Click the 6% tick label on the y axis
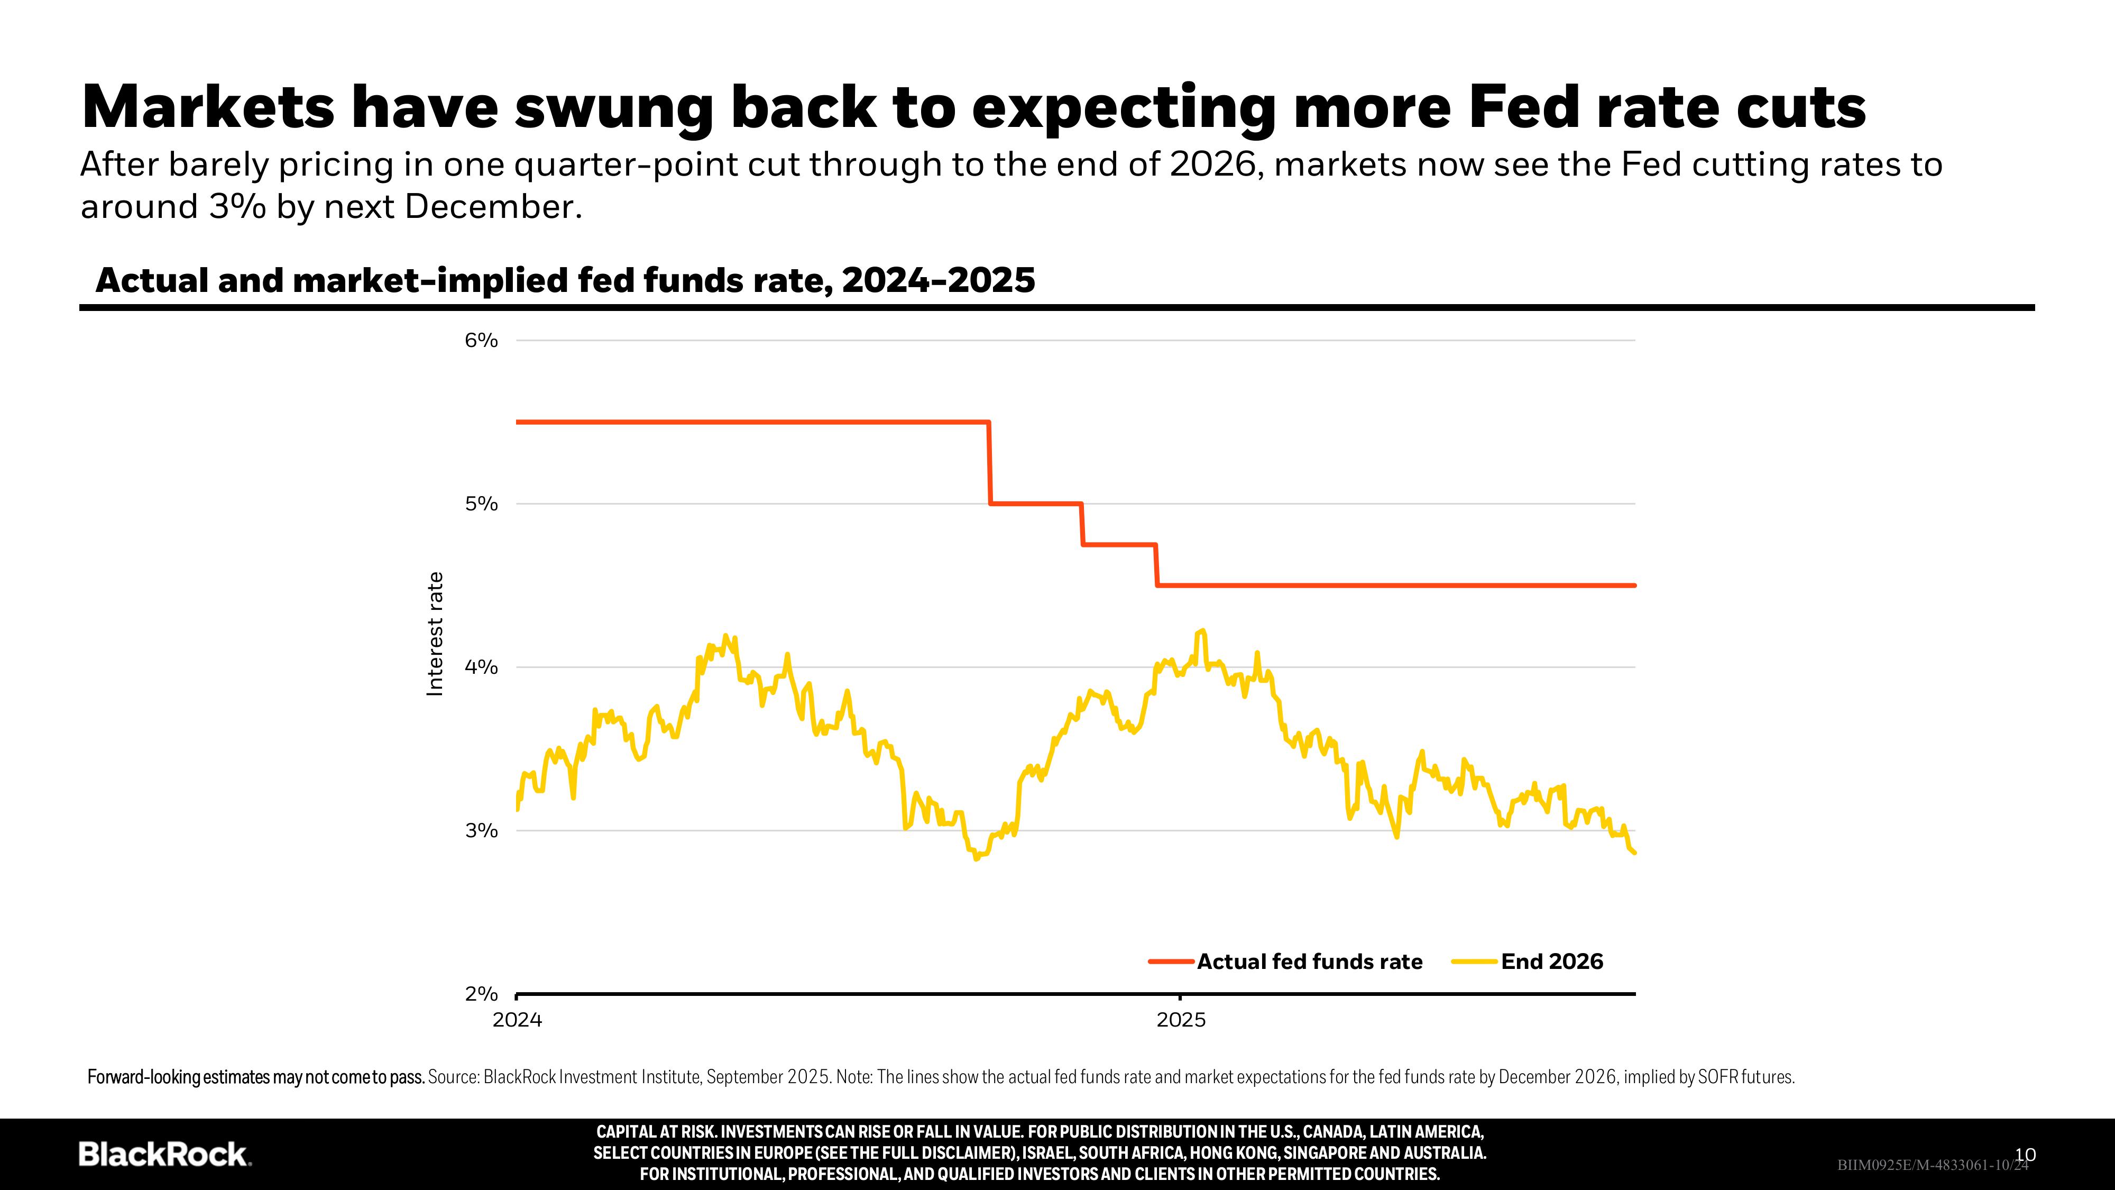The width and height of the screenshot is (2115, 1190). click(x=481, y=340)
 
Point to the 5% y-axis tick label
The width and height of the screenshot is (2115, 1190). click(x=481, y=504)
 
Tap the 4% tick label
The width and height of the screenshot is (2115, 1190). click(x=481, y=667)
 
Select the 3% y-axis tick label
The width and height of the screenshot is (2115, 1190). click(x=481, y=830)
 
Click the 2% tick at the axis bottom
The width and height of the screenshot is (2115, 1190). click(x=481, y=994)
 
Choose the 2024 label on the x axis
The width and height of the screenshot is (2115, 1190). click(x=517, y=1020)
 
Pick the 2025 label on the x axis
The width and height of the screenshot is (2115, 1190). click(x=1181, y=1020)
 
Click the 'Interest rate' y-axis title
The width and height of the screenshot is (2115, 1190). click(x=435, y=634)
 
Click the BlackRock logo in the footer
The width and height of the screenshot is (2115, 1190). click(x=164, y=1154)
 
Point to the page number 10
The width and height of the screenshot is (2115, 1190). click(x=2026, y=1155)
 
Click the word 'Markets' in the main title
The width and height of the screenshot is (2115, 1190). click(x=208, y=107)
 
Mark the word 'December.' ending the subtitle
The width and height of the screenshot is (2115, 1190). click(x=493, y=207)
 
